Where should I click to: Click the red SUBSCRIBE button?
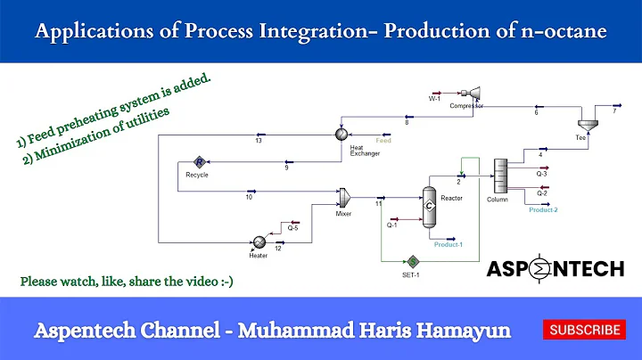tap(584, 330)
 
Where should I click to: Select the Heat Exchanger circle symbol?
tap(341, 134)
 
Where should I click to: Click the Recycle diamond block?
tap(200, 161)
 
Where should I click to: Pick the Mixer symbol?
tap(343, 195)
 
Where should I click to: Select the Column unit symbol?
tap(499, 175)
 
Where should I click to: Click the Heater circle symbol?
tap(259, 241)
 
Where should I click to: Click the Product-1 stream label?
tap(448, 244)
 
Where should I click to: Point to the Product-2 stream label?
tap(543, 209)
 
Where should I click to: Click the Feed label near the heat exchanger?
tap(383, 141)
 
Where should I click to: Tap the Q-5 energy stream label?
tap(291, 228)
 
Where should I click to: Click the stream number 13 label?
tap(258, 141)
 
